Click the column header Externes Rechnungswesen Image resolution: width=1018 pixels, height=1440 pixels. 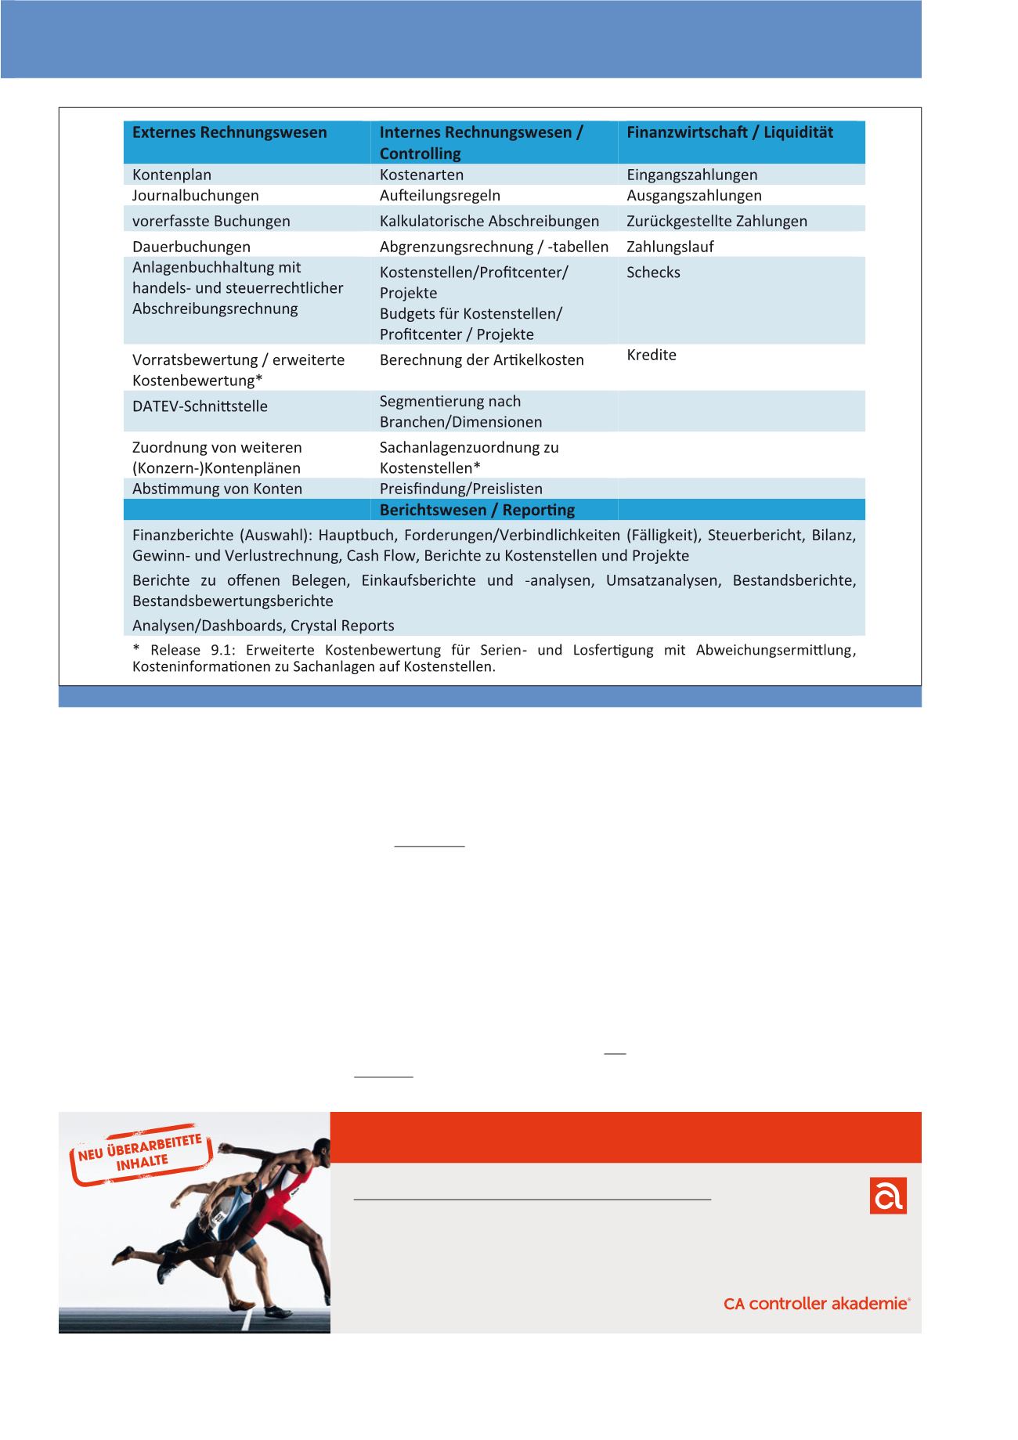229,132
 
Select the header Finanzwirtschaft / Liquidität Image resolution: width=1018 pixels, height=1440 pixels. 730,132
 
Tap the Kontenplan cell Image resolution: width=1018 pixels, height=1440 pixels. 171,175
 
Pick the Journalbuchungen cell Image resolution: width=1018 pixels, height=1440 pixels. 195,195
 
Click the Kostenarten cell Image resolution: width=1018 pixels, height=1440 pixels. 421,175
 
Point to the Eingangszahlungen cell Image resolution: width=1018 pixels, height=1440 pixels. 691,175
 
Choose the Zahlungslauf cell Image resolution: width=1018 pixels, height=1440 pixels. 670,247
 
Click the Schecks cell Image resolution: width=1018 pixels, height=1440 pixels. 653,272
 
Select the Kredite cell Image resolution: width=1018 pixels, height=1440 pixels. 652,355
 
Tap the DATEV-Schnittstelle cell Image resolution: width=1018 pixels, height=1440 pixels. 200,406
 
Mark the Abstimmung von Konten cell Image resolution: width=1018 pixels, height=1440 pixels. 217,489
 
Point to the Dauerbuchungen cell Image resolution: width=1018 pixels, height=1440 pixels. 191,247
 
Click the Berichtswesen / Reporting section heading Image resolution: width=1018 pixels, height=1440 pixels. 477,510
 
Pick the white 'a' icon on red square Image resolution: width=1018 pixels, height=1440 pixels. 888,1196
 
